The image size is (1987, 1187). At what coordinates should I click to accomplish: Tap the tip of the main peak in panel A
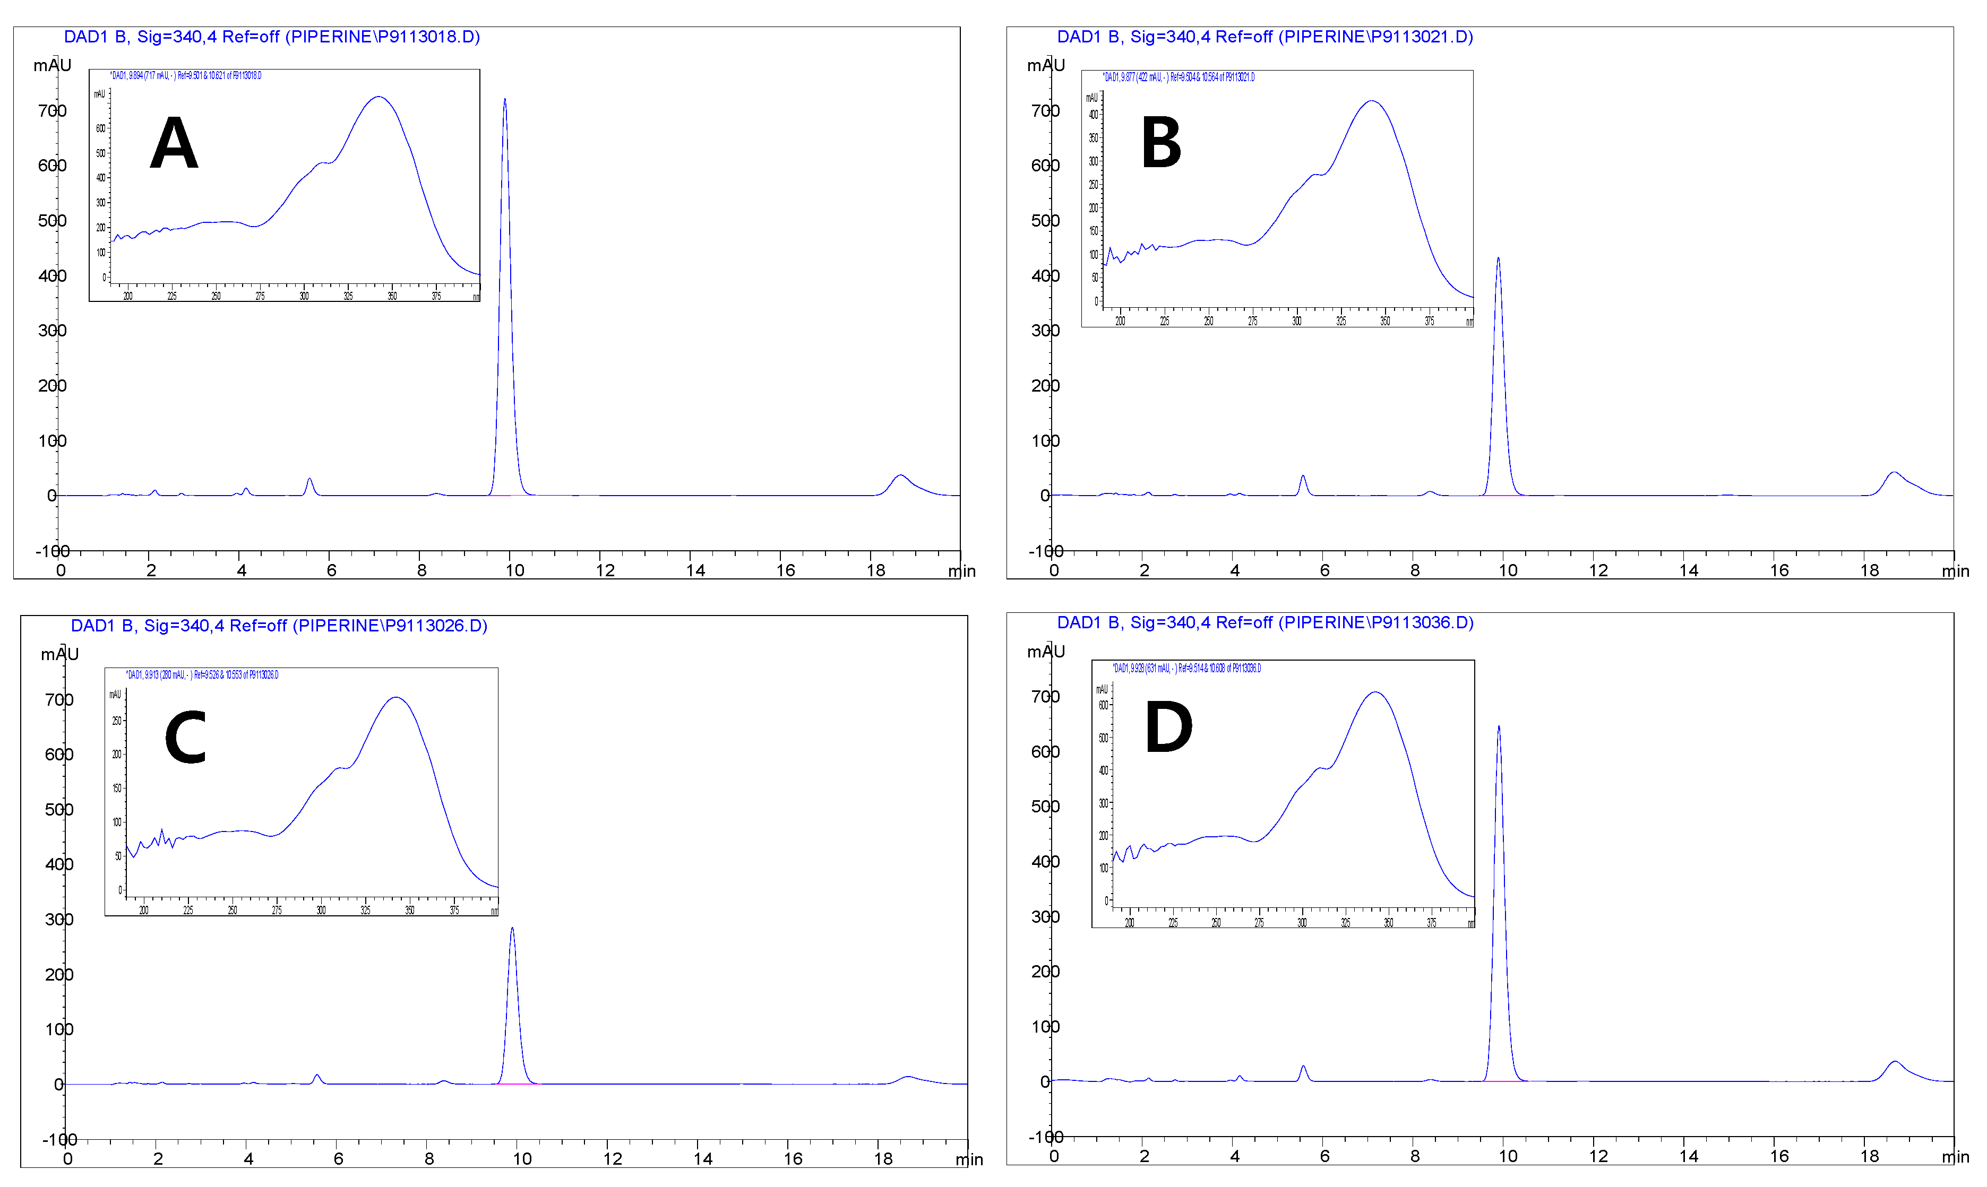504,100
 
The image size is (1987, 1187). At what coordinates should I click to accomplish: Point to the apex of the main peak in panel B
1498,258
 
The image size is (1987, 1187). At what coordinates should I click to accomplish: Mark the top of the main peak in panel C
512,929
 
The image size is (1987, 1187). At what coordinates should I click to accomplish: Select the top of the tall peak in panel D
1499,727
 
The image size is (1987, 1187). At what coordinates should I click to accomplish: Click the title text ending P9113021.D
1265,37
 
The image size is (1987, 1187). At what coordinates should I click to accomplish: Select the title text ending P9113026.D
279,626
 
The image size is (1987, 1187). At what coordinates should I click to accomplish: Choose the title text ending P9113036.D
1265,622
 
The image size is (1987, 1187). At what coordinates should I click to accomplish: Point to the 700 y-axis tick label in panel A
52,111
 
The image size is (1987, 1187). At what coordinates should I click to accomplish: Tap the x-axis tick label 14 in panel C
703,1158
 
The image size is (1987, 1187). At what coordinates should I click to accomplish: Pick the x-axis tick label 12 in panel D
1598,1156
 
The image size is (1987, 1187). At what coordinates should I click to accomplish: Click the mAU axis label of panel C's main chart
60,654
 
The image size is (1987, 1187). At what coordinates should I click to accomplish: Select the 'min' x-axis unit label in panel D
1955,1157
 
